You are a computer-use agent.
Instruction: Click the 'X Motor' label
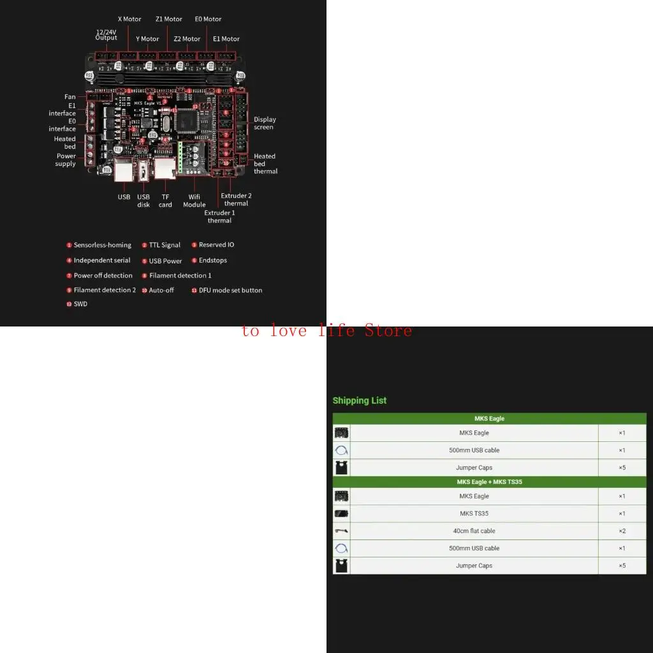coord(129,19)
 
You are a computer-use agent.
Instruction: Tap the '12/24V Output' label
coord(106,34)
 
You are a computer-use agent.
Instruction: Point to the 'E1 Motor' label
coord(226,39)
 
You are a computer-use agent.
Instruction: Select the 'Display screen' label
coord(265,123)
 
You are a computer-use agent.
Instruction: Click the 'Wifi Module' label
coord(194,201)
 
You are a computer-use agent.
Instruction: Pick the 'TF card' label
coord(165,201)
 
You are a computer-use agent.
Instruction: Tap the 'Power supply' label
coord(66,159)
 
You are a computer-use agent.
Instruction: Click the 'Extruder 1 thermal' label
coord(219,216)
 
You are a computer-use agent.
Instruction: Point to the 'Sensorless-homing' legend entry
coord(102,245)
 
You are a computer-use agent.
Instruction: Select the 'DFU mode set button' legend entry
coord(230,290)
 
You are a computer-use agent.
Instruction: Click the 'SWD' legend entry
coord(80,304)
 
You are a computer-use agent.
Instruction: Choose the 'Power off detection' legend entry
coord(103,275)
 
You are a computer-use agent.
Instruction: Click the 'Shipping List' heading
coord(360,400)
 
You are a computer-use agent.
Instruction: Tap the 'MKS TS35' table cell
coord(474,513)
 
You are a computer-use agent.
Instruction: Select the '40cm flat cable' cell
coord(474,531)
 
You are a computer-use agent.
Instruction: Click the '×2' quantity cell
coord(622,531)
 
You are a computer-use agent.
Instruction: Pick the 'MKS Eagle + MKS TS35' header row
coord(489,481)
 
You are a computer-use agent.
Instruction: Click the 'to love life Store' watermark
coord(326,330)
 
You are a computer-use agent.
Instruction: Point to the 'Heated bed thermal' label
coord(265,163)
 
